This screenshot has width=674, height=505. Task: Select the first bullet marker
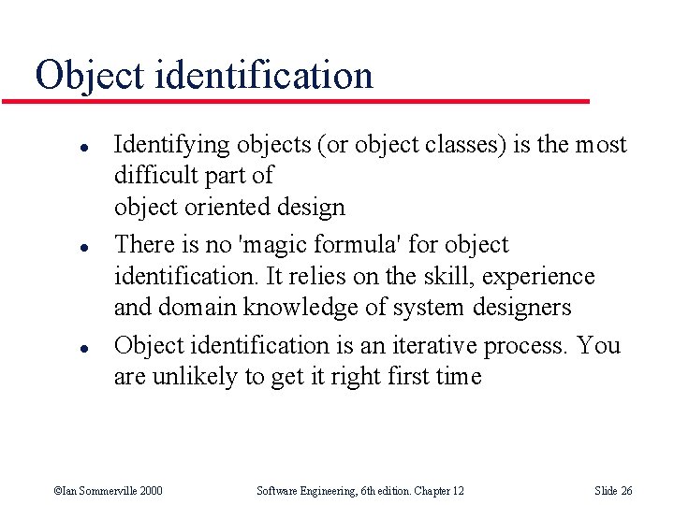(x=57, y=146)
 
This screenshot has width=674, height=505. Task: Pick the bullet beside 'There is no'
(x=57, y=247)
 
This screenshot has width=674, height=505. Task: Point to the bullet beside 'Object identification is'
(x=57, y=348)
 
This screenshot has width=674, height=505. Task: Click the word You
(x=599, y=345)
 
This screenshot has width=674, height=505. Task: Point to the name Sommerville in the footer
(x=107, y=491)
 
